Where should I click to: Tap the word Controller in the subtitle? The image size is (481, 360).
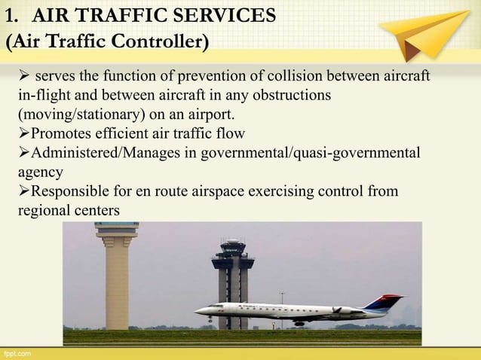click(x=157, y=41)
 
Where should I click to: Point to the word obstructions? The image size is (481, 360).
click(x=286, y=96)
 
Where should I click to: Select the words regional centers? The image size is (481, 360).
click(x=69, y=210)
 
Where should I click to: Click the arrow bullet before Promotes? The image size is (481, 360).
click(x=23, y=134)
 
